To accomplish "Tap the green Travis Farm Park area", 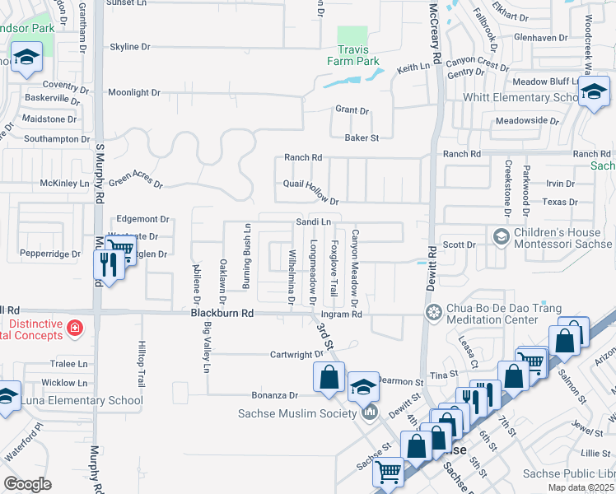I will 353,35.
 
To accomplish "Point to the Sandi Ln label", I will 313,222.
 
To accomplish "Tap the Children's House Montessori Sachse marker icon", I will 500,237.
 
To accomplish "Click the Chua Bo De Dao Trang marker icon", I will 432,312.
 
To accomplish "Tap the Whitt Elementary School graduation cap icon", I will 592,92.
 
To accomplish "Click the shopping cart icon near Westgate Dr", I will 120,249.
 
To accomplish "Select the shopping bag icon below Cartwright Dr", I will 329,377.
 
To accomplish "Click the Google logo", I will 28,483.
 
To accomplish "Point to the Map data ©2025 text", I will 580,487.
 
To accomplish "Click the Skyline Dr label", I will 130,47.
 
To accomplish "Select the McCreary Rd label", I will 436,37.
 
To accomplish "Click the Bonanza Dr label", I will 270,395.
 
